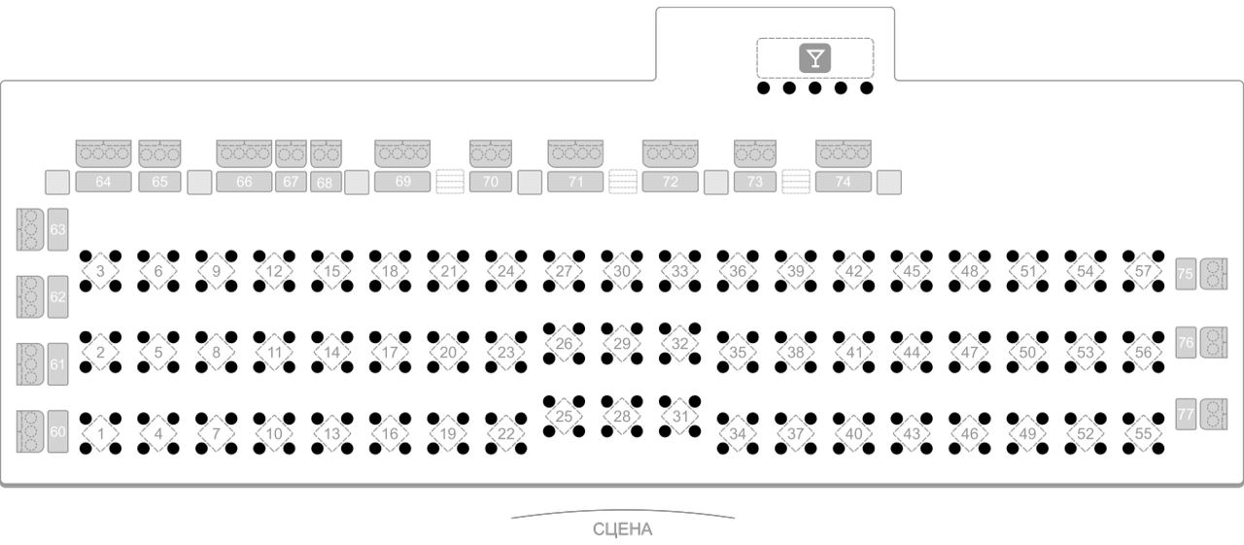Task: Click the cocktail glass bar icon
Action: [x=814, y=57]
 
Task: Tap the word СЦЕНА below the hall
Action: [x=623, y=529]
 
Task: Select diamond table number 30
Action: [x=622, y=271]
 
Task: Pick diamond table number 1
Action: [x=100, y=433]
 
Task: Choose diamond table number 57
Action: [x=1143, y=271]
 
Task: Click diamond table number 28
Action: [x=622, y=416]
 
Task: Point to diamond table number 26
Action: [x=564, y=344]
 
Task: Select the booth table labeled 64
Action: [x=103, y=182]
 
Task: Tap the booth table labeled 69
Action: [x=402, y=182]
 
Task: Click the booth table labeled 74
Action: [x=843, y=182]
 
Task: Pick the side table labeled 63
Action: [x=57, y=229]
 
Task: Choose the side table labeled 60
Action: [x=57, y=431]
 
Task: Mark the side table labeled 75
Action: [x=1186, y=274]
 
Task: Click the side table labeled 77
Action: [x=1186, y=414]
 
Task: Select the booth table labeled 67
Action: [x=291, y=182]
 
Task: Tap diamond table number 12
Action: [x=274, y=271]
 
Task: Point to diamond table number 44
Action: [x=912, y=353]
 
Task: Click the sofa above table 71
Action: [x=575, y=153]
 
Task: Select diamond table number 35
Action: [x=738, y=353]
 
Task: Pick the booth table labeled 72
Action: [x=671, y=182]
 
